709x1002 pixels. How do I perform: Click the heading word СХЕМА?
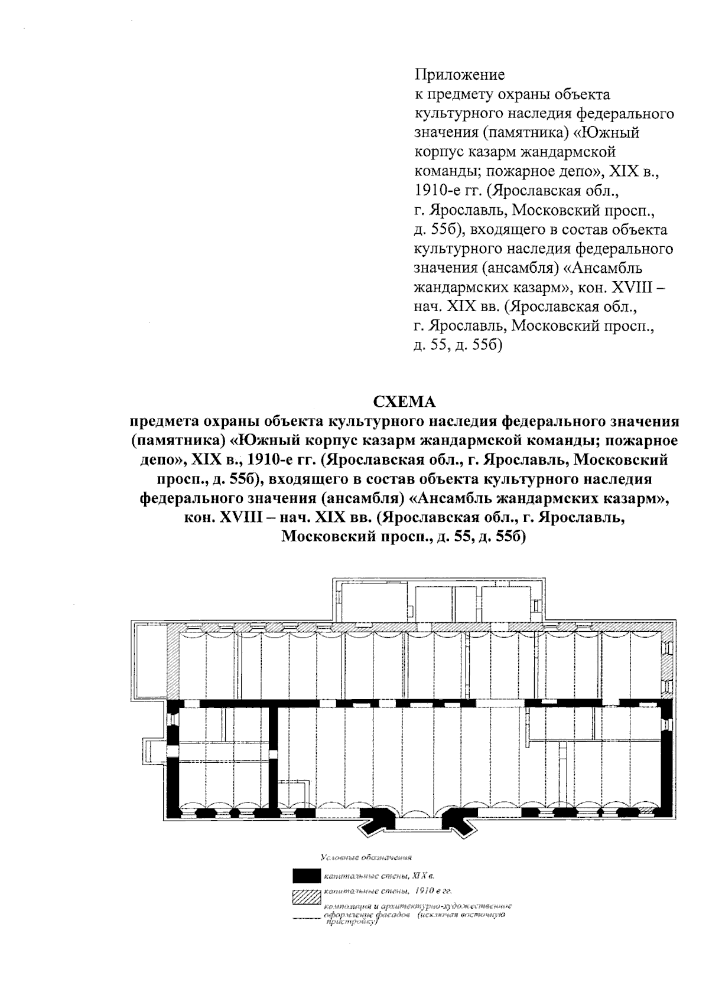pyautogui.click(x=405, y=402)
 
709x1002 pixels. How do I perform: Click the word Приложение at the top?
pyautogui.click(x=459, y=75)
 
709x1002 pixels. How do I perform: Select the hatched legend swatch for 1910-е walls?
pyautogui.click(x=307, y=896)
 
